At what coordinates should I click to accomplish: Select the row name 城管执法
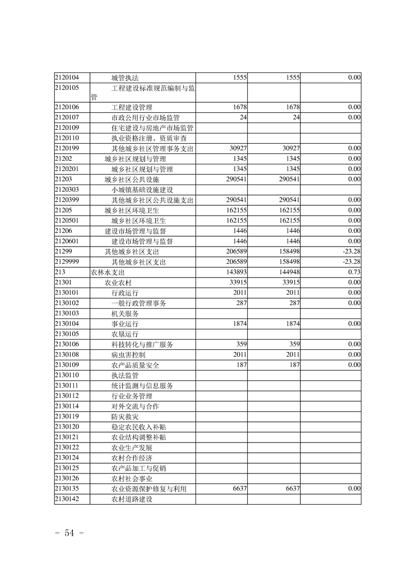tap(125, 78)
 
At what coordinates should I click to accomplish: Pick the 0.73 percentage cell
tap(354, 272)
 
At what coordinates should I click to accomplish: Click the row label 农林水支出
tap(108, 272)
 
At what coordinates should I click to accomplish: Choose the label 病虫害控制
tap(128, 355)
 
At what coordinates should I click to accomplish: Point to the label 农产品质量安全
tap(135, 365)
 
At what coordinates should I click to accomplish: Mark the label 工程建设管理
tap(132, 107)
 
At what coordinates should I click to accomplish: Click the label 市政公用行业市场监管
tap(145, 117)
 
